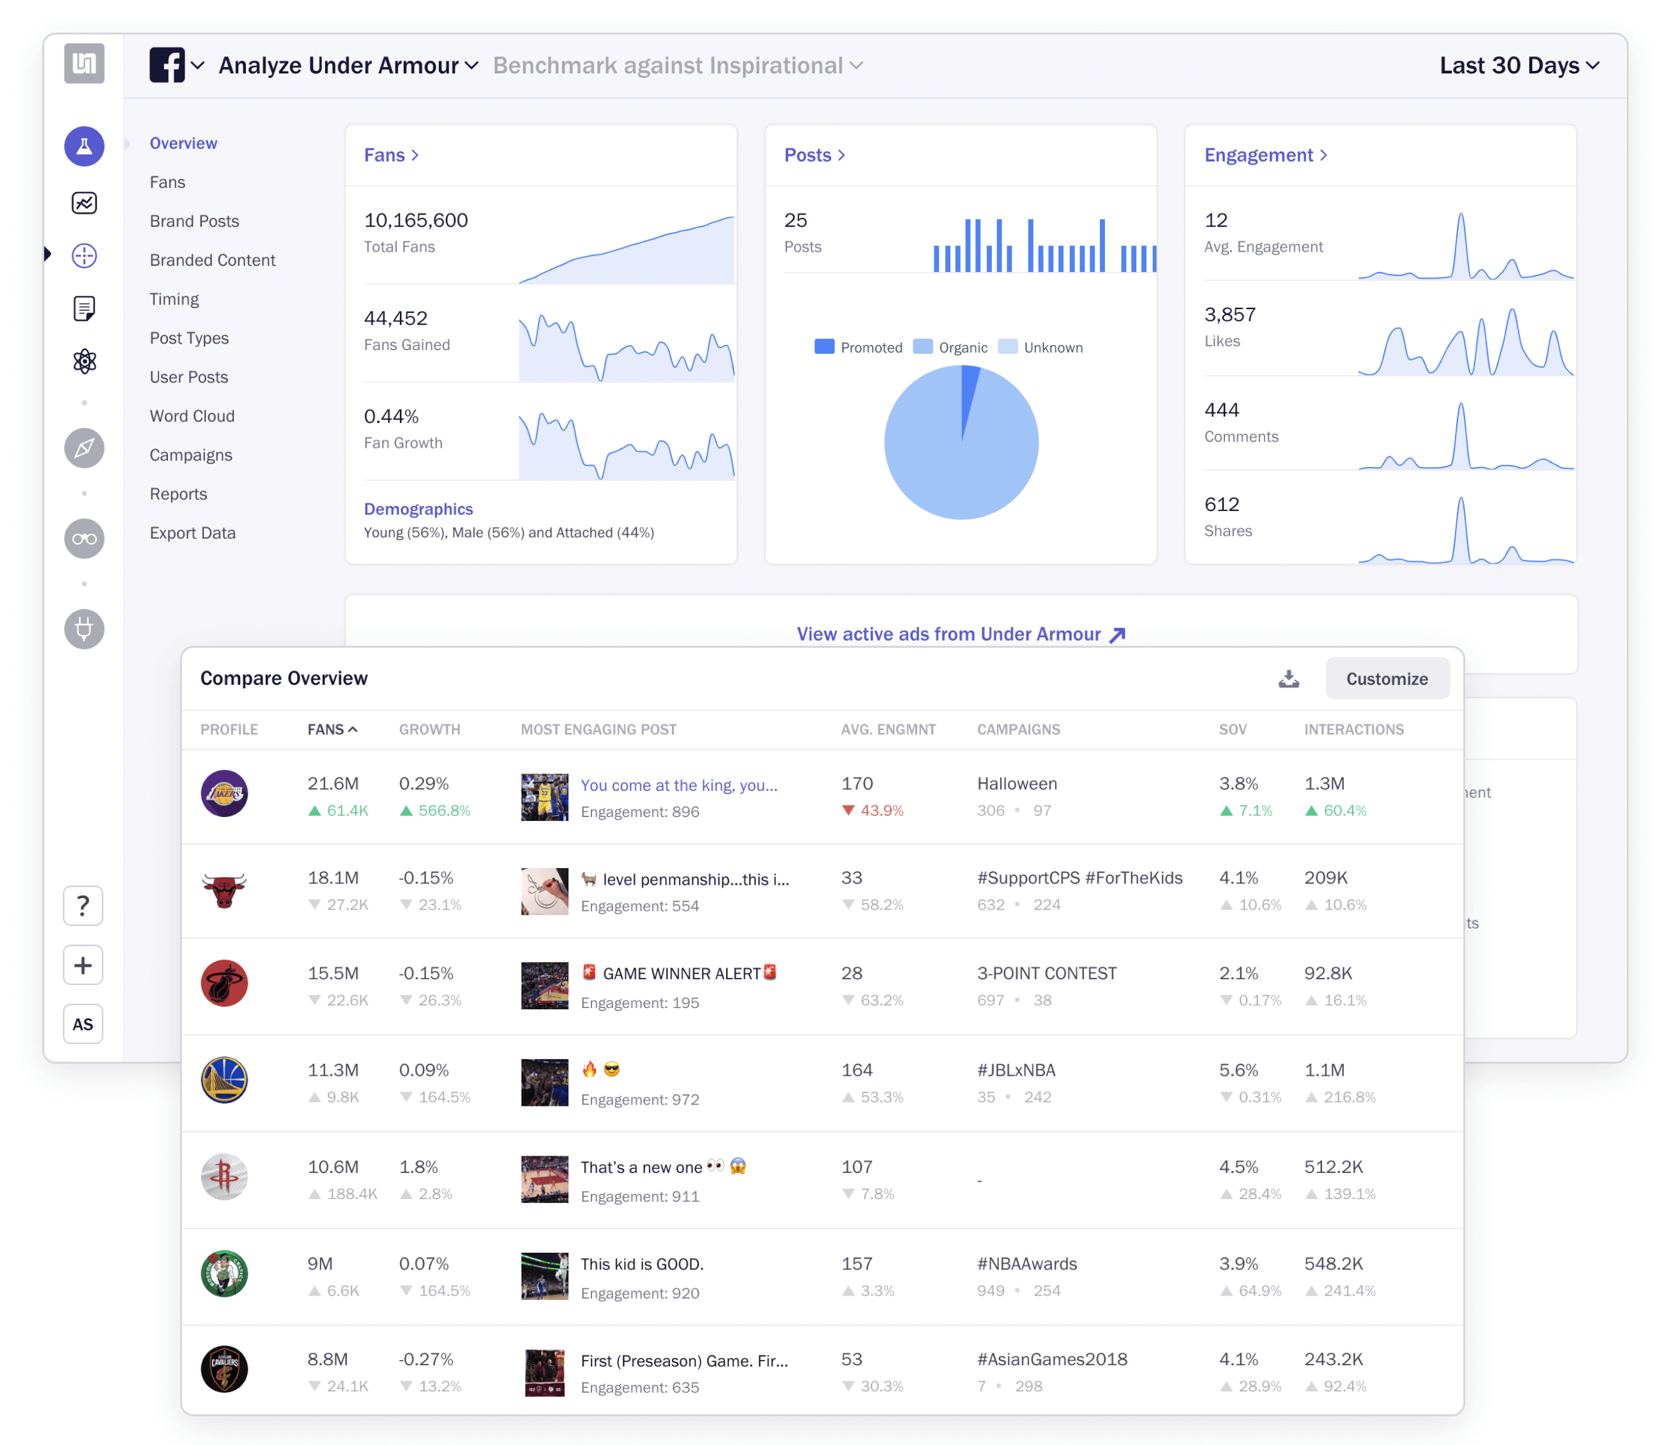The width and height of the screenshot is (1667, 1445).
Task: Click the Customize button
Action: pyautogui.click(x=1386, y=678)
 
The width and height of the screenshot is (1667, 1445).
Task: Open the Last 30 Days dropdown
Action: pyautogui.click(x=1518, y=65)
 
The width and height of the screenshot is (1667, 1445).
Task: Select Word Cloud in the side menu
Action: pyautogui.click(x=192, y=416)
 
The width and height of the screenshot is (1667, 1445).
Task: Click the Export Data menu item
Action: pyautogui.click(x=193, y=533)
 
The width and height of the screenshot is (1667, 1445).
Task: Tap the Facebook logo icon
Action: pyautogui.click(x=167, y=65)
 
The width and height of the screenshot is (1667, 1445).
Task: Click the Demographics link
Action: pyautogui.click(x=418, y=508)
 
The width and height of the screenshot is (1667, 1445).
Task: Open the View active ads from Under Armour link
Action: pyautogui.click(x=960, y=634)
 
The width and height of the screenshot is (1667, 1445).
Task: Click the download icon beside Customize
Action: pyautogui.click(x=1288, y=678)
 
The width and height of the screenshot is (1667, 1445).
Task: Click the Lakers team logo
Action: pyautogui.click(x=224, y=793)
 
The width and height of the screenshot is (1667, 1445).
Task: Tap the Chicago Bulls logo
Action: pyautogui.click(x=224, y=891)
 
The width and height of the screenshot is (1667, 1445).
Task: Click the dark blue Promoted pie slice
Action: pyautogui.click(x=968, y=399)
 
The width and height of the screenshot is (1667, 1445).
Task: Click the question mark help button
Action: pyautogui.click(x=83, y=906)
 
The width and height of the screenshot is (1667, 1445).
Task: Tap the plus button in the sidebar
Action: pyautogui.click(x=83, y=965)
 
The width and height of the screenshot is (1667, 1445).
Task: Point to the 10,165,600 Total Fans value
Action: pyautogui.click(x=415, y=220)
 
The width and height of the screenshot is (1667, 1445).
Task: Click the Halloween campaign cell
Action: pyautogui.click(x=1016, y=784)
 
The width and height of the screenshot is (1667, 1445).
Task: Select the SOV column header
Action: pyautogui.click(x=1231, y=729)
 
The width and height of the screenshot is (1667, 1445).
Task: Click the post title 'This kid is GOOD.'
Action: pyautogui.click(x=642, y=1264)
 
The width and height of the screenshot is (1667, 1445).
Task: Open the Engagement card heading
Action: pyautogui.click(x=1264, y=155)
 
